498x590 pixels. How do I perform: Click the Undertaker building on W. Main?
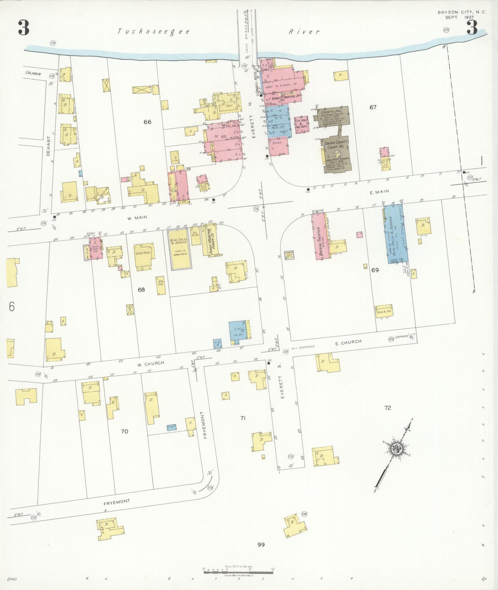point(143,256)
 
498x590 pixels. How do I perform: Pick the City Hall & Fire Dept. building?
point(301,124)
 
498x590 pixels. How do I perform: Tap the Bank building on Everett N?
point(278,145)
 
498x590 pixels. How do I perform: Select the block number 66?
point(147,122)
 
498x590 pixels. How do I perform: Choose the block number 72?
point(388,408)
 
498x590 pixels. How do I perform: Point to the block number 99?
point(261,545)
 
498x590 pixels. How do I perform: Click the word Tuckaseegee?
point(154,32)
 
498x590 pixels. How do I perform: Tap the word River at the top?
point(304,32)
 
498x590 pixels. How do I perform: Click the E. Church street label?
point(348,342)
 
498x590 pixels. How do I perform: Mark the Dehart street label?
point(49,146)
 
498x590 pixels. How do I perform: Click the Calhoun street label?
point(33,73)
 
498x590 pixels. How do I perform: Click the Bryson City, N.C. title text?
point(462,12)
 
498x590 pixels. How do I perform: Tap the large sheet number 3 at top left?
point(23,28)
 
